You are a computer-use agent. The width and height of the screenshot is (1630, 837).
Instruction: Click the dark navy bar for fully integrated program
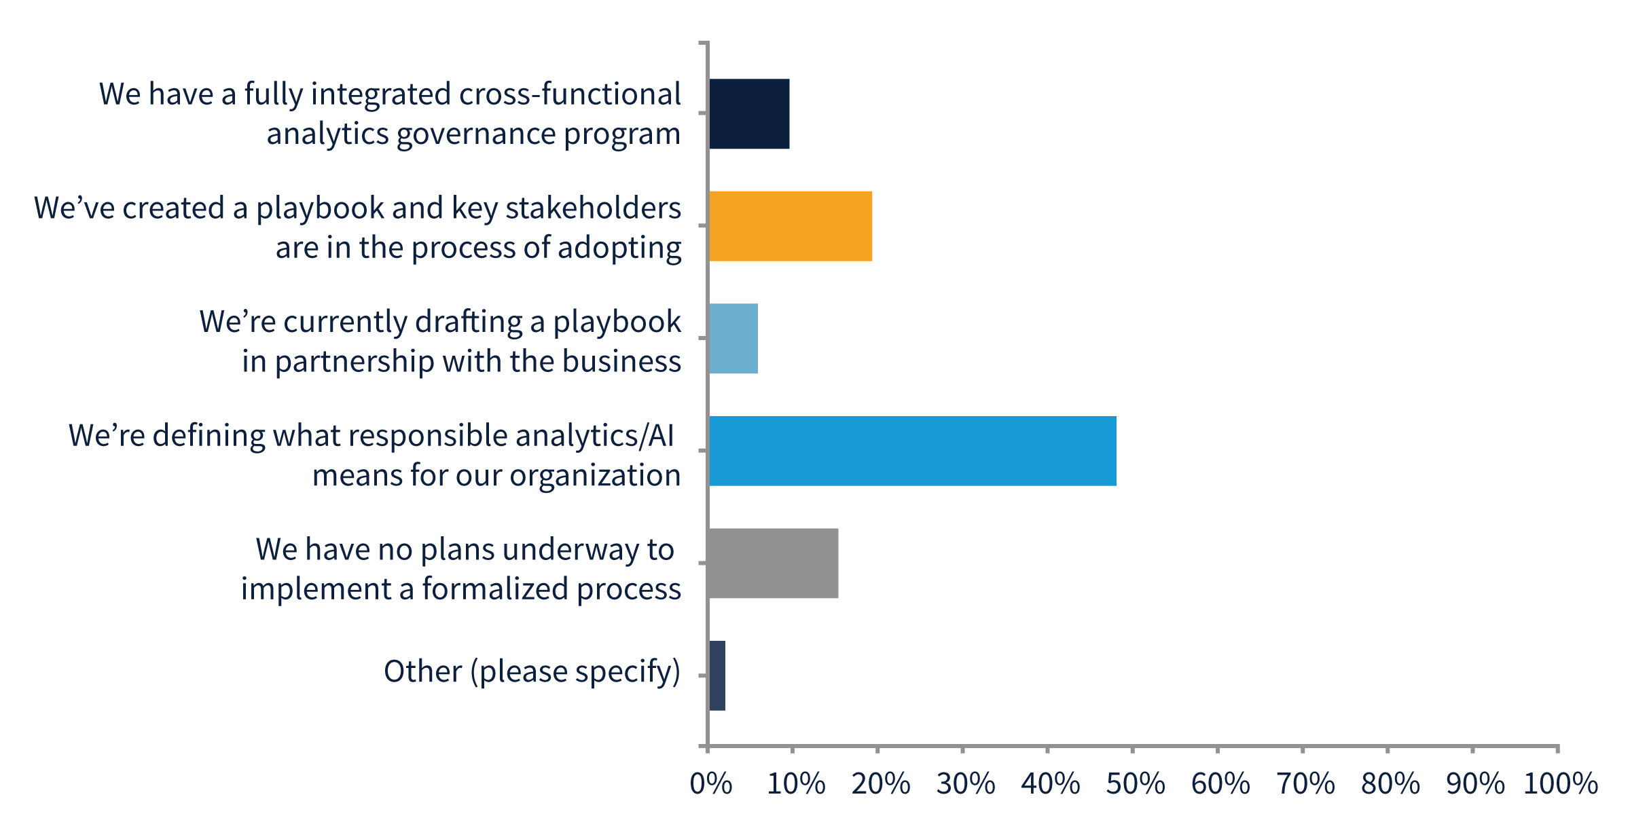(749, 114)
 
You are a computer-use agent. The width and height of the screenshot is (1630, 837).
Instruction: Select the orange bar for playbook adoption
(791, 226)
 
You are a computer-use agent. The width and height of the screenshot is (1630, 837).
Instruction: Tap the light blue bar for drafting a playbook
(733, 339)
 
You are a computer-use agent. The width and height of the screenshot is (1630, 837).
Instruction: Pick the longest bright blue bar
(912, 451)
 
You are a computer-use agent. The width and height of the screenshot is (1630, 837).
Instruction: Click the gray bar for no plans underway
(773, 563)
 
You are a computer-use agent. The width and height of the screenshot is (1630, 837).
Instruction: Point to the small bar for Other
(717, 676)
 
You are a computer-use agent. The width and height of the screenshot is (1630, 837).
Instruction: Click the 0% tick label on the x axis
(710, 784)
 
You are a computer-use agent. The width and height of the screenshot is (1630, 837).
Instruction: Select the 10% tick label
(795, 784)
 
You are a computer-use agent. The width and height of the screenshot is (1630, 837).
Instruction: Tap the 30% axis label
(965, 784)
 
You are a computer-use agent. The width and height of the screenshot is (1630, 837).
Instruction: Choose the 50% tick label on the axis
(1135, 784)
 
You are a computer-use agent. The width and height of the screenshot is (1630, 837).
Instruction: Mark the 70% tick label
(1305, 784)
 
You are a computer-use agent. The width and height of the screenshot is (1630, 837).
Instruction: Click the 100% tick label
(1560, 784)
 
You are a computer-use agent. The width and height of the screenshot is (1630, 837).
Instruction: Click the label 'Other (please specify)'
(532, 672)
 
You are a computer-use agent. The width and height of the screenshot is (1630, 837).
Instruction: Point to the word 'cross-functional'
(570, 94)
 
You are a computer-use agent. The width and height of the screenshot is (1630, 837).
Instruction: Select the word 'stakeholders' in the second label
(593, 208)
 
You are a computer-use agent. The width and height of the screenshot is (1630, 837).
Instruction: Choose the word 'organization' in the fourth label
(595, 476)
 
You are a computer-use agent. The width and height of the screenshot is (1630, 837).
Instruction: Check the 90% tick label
(1474, 784)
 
